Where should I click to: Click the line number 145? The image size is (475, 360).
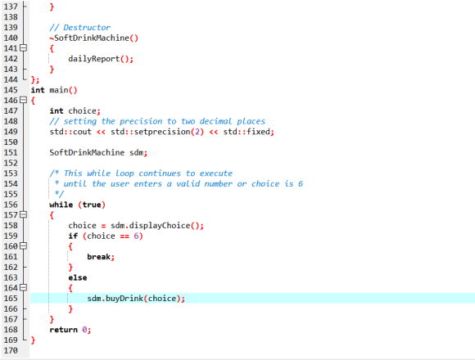[11, 90]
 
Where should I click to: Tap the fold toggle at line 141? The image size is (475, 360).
[23, 48]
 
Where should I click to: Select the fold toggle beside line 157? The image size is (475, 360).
[23, 215]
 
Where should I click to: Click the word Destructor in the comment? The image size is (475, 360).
[87, 28]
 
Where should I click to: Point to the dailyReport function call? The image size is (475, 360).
[94, 59]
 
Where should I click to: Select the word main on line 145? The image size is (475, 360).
[59, 90]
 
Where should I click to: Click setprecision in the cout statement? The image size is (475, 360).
[162, 132]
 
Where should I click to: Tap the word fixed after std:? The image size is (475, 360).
[259, 132]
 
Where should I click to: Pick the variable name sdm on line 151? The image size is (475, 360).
[136, 152]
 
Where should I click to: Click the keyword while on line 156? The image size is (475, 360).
[61, 205]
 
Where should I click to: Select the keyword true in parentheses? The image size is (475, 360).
[92, 205]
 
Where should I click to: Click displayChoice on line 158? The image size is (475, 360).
[160, 226]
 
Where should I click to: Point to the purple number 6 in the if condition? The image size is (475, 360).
[136, 236]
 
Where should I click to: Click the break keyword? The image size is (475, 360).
[98, 257]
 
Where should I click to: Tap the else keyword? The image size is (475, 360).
[78, 277]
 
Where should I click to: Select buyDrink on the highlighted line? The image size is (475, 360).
[124, 299]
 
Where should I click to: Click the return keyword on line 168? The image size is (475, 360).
[63, 330]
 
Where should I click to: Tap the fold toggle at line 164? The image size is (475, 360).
[23, 288]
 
